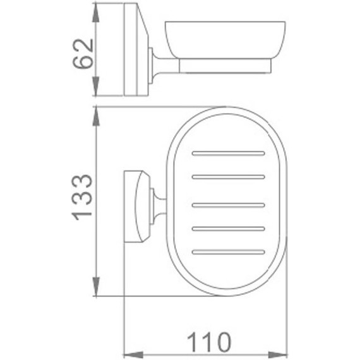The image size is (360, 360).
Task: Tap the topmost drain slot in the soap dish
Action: click(228, 153)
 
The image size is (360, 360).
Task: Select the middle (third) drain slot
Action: click(228, 204)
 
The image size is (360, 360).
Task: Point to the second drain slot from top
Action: click(228, 176)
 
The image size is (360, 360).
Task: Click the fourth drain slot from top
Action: click(228, 227)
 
